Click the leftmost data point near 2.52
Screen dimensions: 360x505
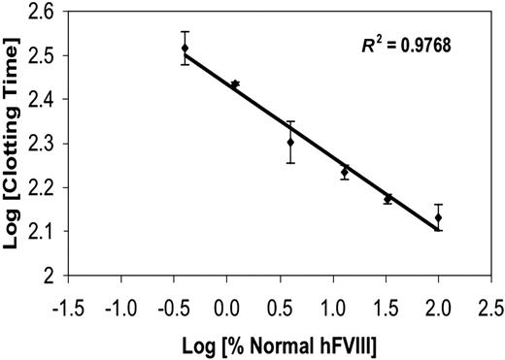click(x=185, y=48)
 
